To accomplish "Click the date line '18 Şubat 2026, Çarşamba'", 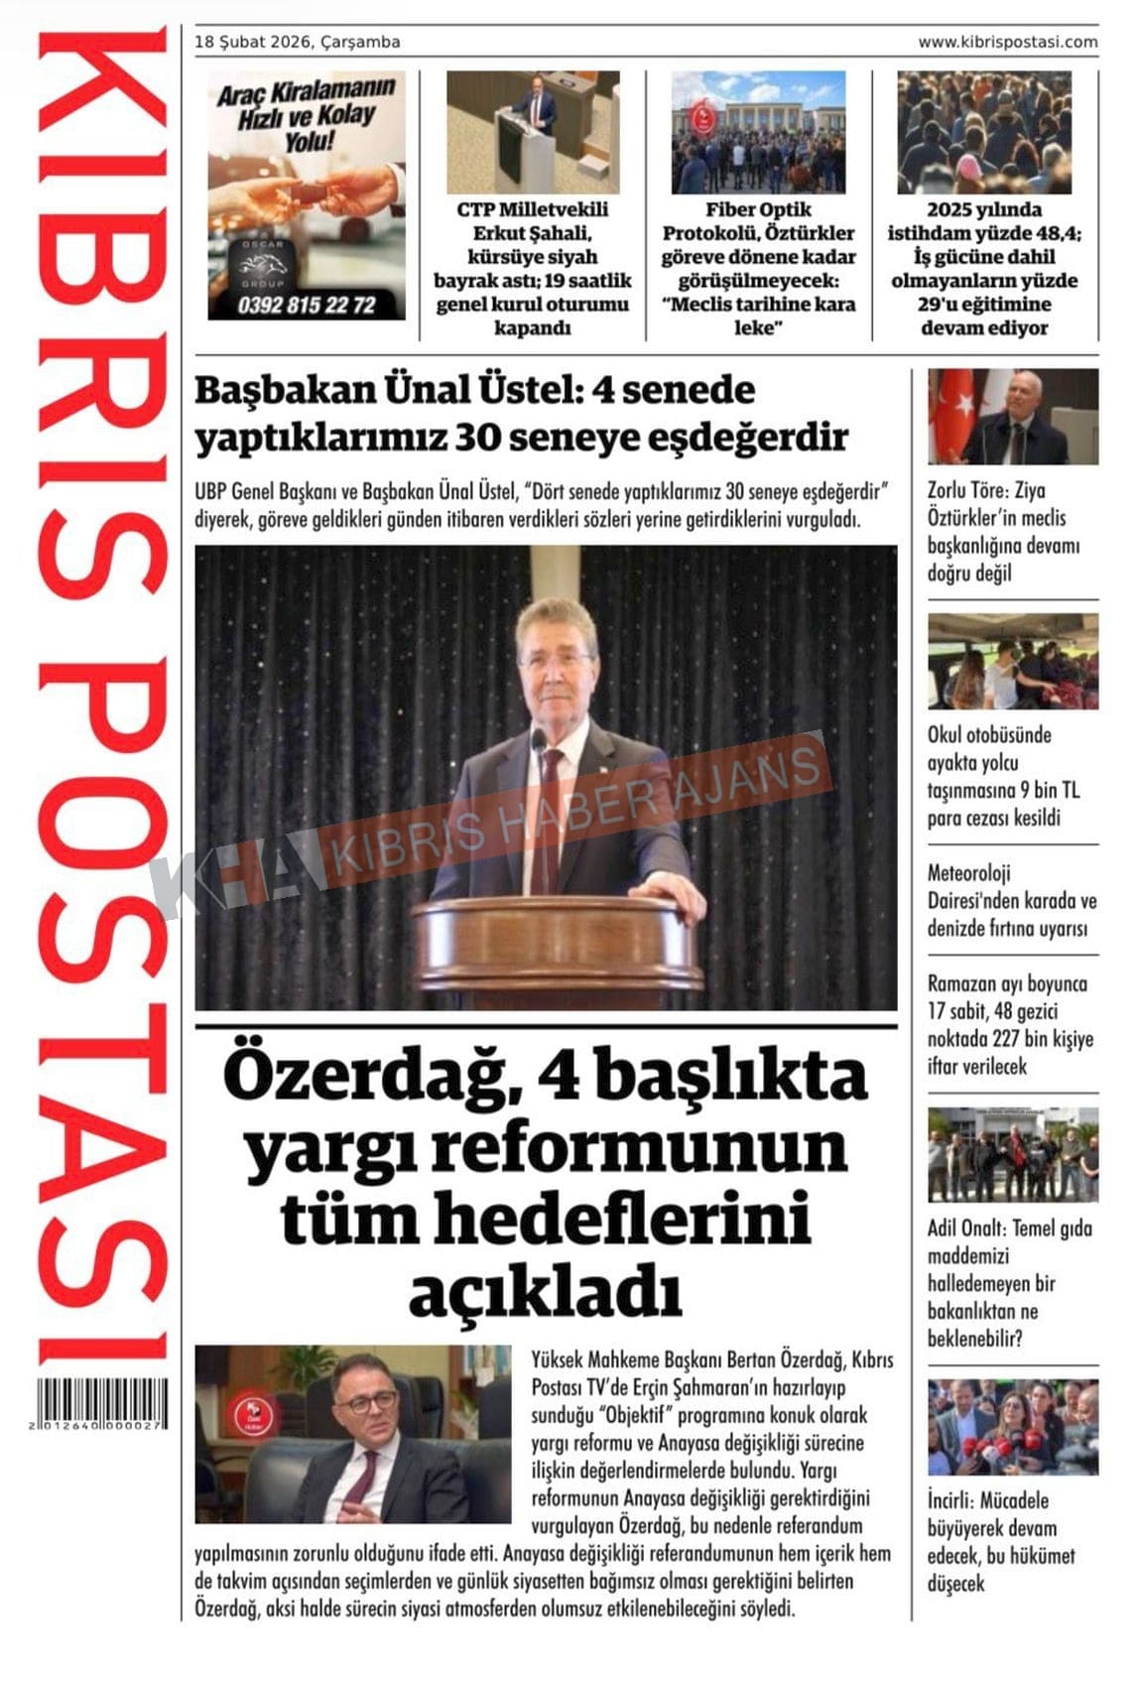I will pos(298,42).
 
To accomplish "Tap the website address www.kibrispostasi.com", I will pos(1007,42).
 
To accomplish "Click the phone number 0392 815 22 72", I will pos(307,306).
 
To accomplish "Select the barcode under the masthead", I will pos(100,1404).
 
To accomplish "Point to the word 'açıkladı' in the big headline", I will pos(545,1291).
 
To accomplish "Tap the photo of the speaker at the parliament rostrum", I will pos(533,132).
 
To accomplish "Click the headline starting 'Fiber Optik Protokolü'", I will pos(759,268).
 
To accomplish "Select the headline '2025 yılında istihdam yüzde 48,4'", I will pos(984,268).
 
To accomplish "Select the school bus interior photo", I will pos(1013,661).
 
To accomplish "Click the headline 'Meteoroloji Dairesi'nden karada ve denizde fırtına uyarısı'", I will pos(1011,901).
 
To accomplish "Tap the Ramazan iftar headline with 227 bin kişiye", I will pos(1010,1025).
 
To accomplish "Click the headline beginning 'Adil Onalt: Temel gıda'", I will pos(1009,1283).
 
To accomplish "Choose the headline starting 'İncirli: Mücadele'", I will pos(1001,1541).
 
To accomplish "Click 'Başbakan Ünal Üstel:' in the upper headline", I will pos(387,390).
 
